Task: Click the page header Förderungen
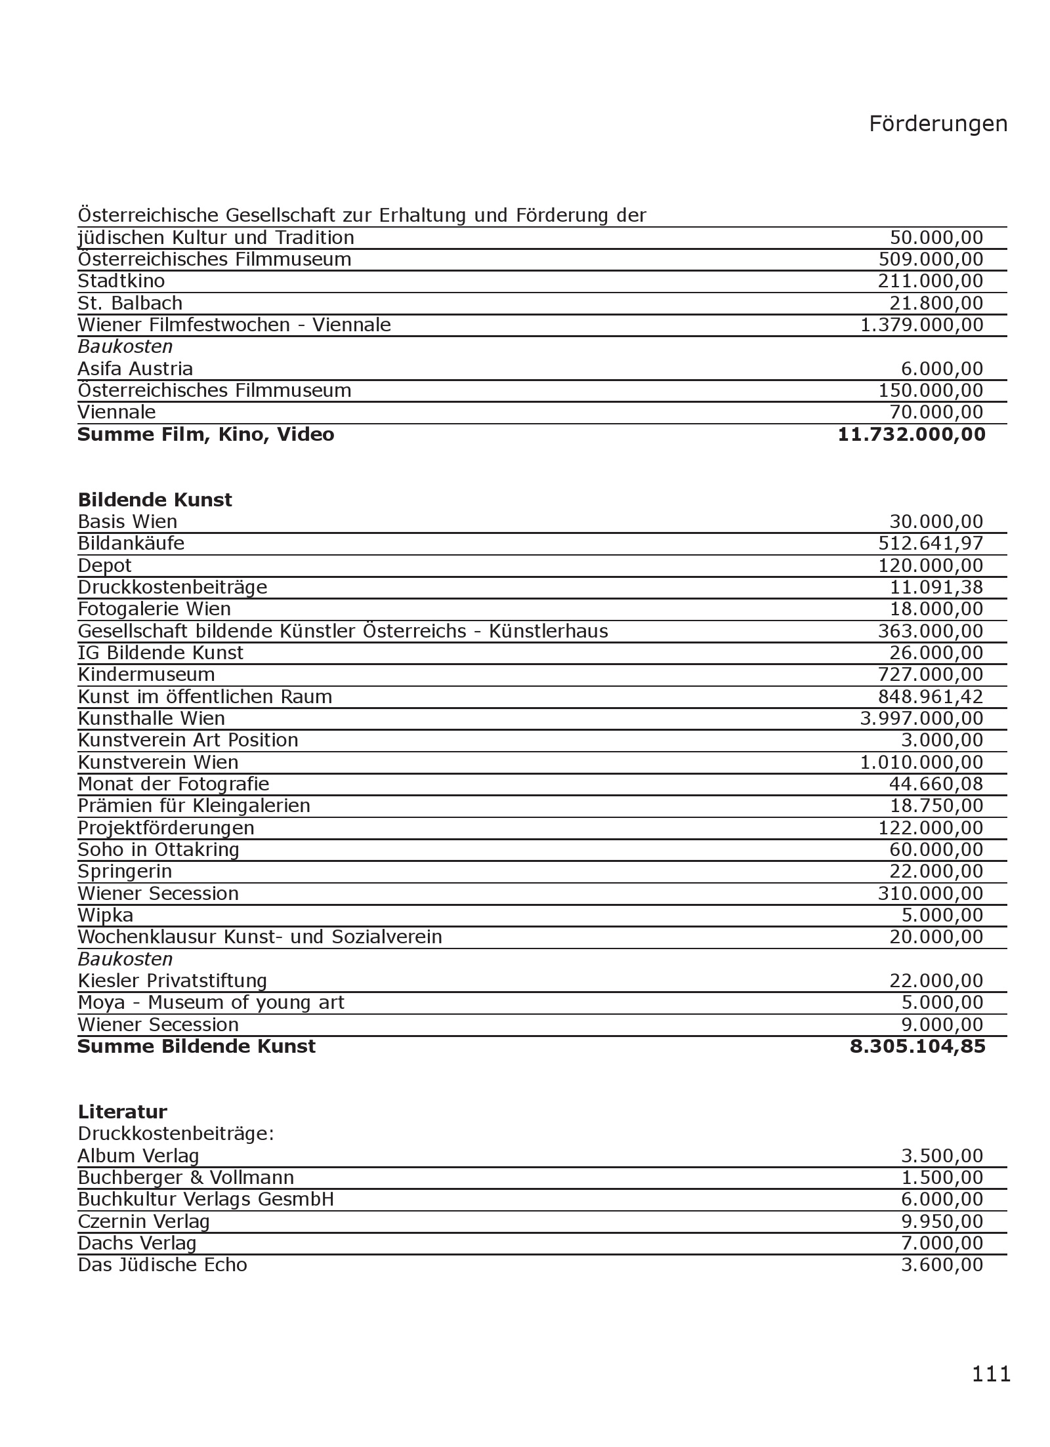(938, 123)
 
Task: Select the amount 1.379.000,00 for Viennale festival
(921, 325)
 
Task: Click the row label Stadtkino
(121, 281)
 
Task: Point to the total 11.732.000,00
(912, 434)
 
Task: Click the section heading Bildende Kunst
(155, 500)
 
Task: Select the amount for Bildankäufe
(931, 543)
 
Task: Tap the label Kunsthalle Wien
(151, 718)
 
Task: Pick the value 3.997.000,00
(921, 718)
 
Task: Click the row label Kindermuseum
(146, 674)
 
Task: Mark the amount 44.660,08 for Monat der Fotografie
(936, 784)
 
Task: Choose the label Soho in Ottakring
(158, 849)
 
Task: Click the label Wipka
(105, 915)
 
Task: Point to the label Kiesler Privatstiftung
(172, 981)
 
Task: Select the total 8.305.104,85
(917, 1046)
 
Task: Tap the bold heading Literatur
(122, 1112)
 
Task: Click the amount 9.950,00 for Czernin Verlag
(942, 1221)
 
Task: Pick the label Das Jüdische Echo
(162, 1265)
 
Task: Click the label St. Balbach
(130, 303)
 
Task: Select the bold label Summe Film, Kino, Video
(205, 434)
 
